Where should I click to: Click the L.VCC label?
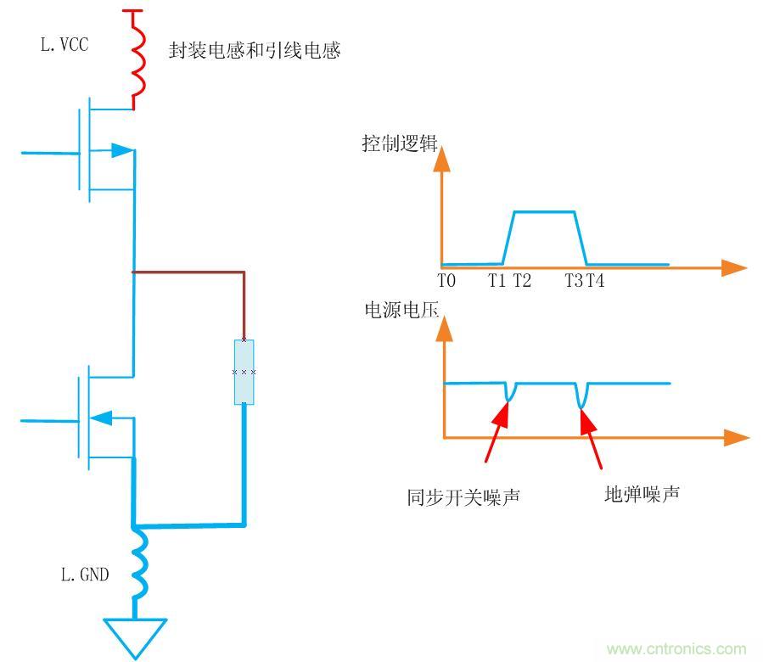65,45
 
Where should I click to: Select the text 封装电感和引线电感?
255,51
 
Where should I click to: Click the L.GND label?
85,575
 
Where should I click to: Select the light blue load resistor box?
244,372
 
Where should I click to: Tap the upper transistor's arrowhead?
121,150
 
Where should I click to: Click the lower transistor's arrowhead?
101,417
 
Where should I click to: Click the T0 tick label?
447,281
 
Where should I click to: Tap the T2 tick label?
522,281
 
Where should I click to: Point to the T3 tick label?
574,281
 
